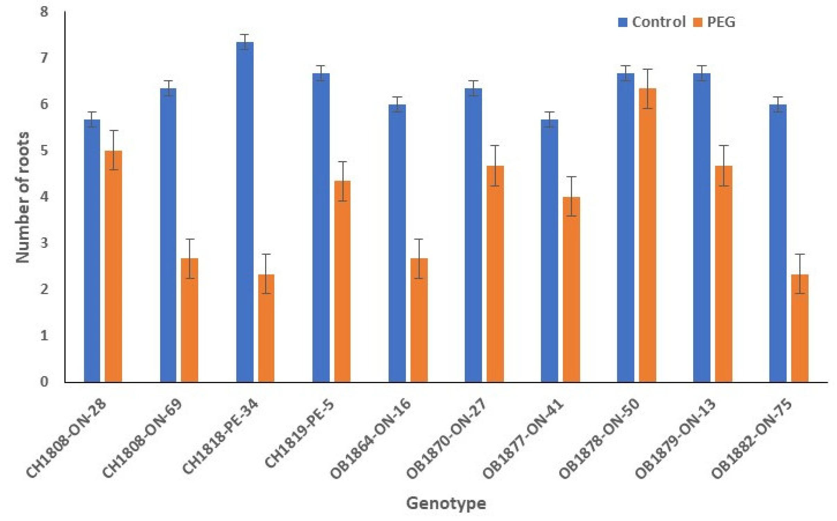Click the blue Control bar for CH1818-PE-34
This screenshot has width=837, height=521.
245,212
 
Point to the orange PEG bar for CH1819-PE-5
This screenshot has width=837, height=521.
342,281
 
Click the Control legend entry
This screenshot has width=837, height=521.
652,22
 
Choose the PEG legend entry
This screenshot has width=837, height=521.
714,22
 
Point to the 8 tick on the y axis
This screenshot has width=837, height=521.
44,12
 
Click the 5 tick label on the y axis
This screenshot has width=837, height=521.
44,151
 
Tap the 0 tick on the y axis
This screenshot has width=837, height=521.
44,382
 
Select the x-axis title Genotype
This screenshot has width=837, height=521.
446,503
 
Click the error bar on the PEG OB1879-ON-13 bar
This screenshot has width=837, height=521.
724,166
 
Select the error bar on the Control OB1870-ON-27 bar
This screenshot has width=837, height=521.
473,88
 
